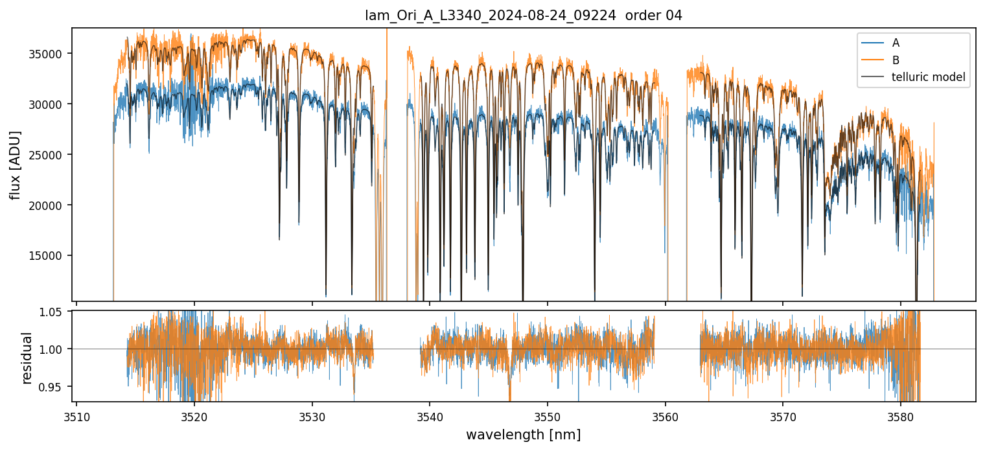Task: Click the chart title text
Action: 524,16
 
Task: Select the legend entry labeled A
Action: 896,43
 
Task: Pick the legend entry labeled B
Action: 896,60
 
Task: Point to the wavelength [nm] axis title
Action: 523,434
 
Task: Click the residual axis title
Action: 27,358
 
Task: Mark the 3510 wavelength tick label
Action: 76,415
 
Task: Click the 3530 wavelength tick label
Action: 312,415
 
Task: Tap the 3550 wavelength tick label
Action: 548,415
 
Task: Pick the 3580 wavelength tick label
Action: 901,415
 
